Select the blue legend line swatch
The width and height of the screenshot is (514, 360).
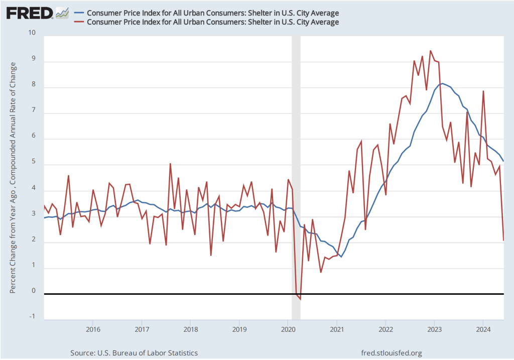coord(79,13)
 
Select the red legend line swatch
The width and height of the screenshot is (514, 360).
coord(79,22)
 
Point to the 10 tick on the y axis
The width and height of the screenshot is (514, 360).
coord(33,33)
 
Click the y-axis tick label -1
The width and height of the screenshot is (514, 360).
coord(33,316)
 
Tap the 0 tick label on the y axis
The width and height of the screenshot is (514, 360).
coord(34,291)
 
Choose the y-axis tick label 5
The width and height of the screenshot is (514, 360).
coord(34,162)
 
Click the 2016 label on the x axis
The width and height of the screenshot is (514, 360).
coord(92,329)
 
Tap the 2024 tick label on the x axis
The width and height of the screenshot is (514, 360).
coord(483,329)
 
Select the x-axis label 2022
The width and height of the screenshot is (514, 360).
coord(385,329)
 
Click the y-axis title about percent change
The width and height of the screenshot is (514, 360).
coord(14,178)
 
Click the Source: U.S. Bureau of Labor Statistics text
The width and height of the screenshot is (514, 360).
coord(134,353)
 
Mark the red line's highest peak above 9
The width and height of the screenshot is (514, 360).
coord(431,51)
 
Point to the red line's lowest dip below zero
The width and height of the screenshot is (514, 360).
coord(300,300)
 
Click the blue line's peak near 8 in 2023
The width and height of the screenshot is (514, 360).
coord(442,83)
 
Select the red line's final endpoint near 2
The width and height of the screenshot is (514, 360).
coord(503,240)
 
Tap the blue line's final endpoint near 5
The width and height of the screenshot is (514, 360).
coord(503,161)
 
